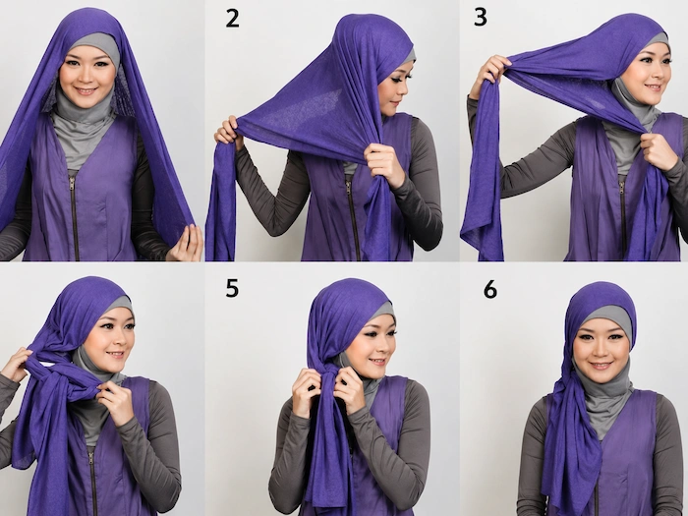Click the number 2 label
coord(233,19)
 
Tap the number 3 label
coord(481,18)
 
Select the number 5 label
coord(232,288)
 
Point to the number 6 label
coord(490,290)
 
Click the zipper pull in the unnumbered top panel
coord(72,183)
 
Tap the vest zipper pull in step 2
coord(349,188)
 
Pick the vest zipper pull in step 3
coord(622,188)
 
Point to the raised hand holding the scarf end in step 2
coord(228,131)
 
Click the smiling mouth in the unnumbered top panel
coord(86,91)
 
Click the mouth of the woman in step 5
coord(377,362)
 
